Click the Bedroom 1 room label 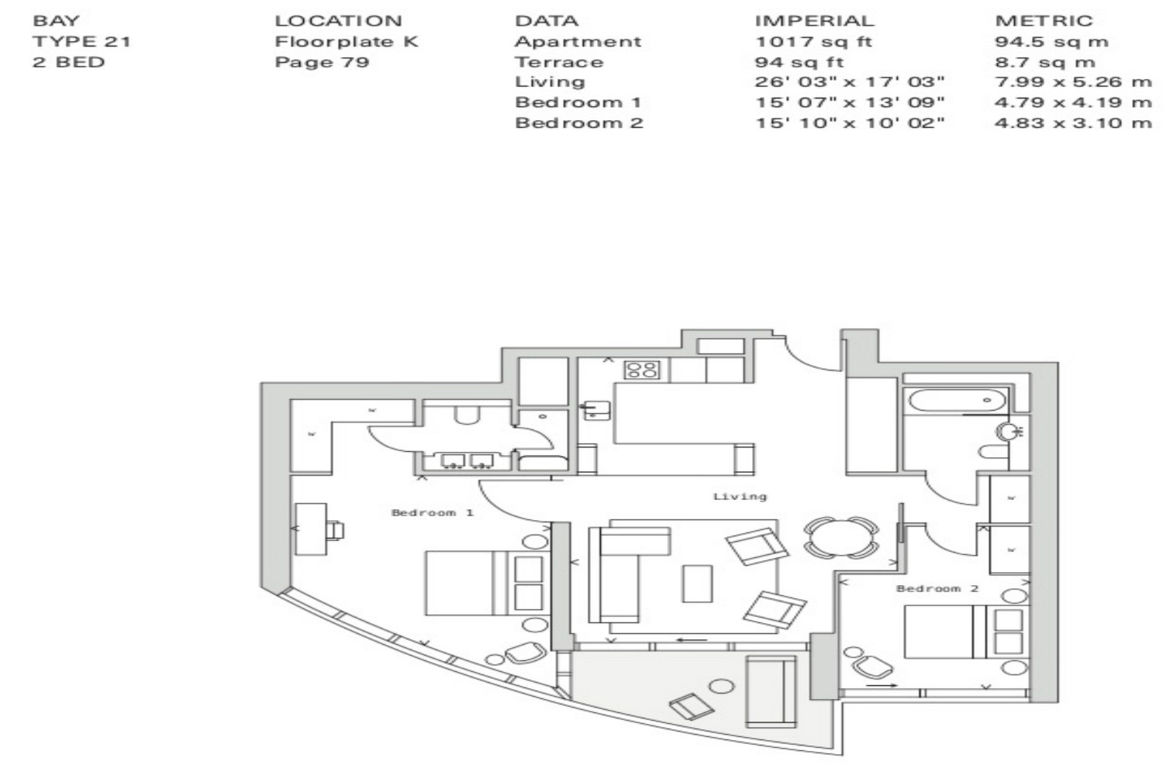[x=433, y=513]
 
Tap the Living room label [x=740, y=497]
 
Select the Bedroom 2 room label [x=937, y=589]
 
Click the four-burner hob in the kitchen [x=642, y=370]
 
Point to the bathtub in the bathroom [x=956, y=401]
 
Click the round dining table [x=841, y=538]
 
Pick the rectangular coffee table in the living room [x=697, y=584]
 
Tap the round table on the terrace [x=722, y=686]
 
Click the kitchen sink [x=597, y=410]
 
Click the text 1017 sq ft [x=813, y=42]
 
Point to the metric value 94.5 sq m [x=1052, y=42]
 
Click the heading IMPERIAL [x=815, y=21]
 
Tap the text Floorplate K [x=347, y=42]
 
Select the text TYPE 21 [x=81, y=42]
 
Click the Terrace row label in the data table [x=559, y=62]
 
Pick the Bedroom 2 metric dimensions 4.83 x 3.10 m [x=1073, y=123]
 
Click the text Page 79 [x=322, y=62]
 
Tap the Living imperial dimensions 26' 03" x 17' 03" [x=850, y=82]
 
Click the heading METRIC [x=1044, y=21]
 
